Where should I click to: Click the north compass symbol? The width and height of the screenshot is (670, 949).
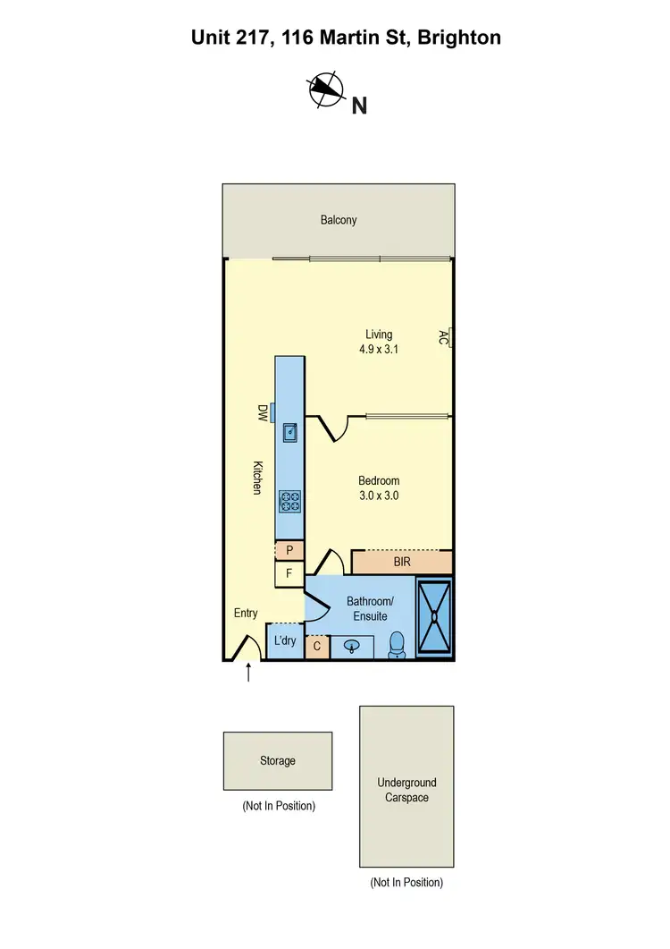pos(326,89)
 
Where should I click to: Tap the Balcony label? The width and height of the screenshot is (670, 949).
pos(339,219)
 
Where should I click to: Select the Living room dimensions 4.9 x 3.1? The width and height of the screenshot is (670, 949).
pos(373,350)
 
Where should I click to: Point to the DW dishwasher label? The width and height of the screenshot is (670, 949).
pos(263,412)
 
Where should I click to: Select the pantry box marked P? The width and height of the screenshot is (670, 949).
pos(289,550)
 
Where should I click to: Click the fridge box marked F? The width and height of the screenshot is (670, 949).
pos(289,573)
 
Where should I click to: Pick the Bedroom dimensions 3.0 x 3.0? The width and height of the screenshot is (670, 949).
pos(379,495)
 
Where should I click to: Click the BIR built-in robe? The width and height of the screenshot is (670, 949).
pos(402,563)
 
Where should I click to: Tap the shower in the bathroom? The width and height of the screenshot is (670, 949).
pos(435,617)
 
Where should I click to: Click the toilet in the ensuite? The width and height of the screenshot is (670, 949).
pos(398,646)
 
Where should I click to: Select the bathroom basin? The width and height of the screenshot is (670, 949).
pos(353,646)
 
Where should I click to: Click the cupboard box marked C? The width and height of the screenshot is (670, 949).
pos(317,646)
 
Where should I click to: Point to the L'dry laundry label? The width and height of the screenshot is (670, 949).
pos(285,640)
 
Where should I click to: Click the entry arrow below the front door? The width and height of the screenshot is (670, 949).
pos(248,673)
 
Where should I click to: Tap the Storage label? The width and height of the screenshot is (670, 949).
pos(277,760)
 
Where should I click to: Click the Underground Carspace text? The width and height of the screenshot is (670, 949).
pos(406,790)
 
